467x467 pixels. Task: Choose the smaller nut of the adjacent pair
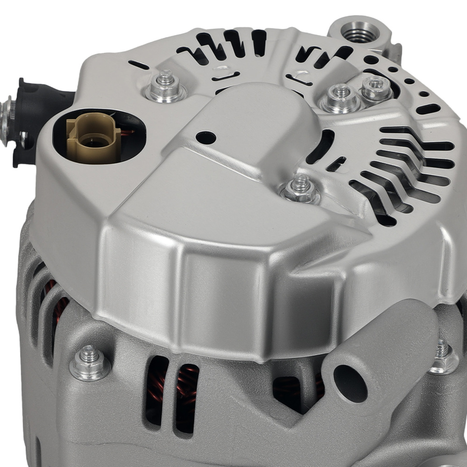(376, 89)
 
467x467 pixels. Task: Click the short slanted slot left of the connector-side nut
(139, 65)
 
